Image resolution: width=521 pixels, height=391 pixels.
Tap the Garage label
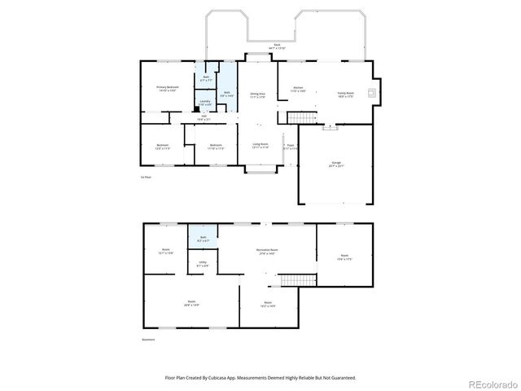336,165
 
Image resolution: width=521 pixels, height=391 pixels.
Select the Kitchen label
298,89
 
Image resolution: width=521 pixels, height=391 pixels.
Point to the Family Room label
346,93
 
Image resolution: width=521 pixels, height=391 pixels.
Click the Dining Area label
258,94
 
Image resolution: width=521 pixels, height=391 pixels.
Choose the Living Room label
260,146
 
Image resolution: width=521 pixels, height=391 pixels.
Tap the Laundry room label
205,103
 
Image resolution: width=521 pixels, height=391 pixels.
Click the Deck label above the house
277,46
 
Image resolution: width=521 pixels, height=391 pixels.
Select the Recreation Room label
268,251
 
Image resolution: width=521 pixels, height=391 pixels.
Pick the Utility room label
203,264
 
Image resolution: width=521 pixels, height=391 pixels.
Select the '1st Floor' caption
146,176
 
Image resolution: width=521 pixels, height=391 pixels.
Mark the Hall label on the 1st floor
204,116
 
